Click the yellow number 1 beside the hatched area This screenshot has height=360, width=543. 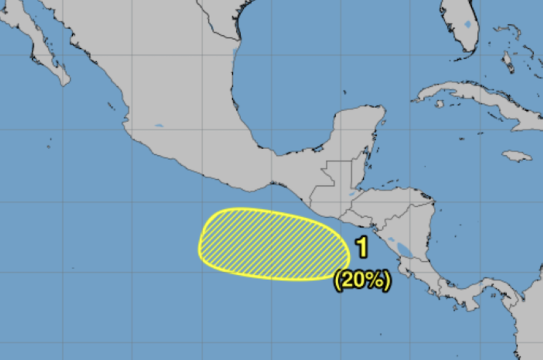click(x=362, y=247)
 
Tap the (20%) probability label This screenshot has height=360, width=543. click(x=363, y=280)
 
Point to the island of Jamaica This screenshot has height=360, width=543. click(x=516, y=156)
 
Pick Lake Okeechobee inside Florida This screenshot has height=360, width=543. click(x=468, y=24)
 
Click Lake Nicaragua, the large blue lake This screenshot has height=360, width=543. click(x=405, y=249)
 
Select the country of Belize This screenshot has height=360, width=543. click(x=357, y=173)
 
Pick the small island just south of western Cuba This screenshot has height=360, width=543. click(x=439, y=104)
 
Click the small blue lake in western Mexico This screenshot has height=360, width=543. click(x=159, y=126)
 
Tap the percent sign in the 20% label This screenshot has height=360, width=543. click(x=378, y=280)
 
